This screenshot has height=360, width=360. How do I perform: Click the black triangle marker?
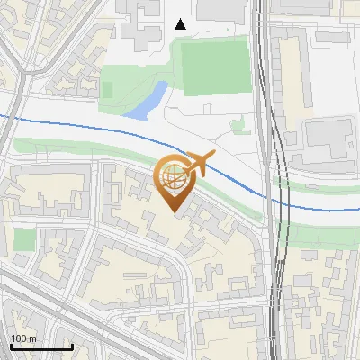[181, 24]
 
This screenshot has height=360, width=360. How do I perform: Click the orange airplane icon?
[200, 164]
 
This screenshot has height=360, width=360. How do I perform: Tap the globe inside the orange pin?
[174, 176]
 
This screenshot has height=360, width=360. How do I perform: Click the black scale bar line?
[40, 346]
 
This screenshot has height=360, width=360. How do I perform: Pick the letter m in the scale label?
[32, 338]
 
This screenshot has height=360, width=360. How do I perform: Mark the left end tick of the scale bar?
[10, 345]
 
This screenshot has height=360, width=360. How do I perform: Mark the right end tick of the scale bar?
[71, 345]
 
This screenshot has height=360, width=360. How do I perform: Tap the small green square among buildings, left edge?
[24, 240]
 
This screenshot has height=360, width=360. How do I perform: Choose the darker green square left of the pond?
[107, 90]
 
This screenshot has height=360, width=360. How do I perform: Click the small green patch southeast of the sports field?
[239, 124]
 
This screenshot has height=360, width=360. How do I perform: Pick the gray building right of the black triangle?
[220, 9]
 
